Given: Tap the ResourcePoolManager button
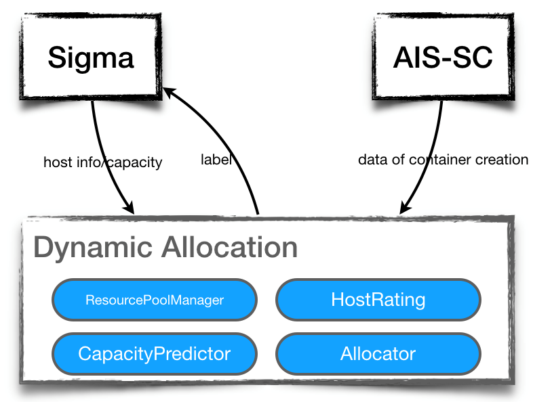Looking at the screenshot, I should click(x=155, y=299).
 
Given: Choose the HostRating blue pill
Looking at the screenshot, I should click(x=378, y=299).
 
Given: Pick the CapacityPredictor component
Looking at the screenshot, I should click(x=155, y=353).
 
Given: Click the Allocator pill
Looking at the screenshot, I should click(x=378, y=353).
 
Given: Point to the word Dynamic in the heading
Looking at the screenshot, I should click(x=92, y=248).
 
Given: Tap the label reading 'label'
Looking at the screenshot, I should click(x=216, y=160).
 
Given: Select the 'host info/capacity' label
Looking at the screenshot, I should click(x=102, y=162).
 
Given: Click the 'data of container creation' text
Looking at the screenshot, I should click(x=443, y=160).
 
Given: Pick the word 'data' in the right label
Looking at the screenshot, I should click(x=370, y=160).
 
